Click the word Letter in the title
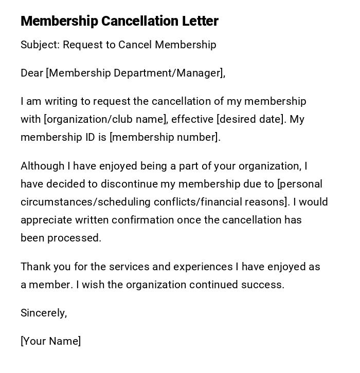[x=200, y=21]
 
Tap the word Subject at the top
[x=40, y=45]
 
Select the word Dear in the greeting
[x=32, y=73]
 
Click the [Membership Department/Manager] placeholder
[x=136, y=73]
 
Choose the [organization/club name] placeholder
[x=106, y=119]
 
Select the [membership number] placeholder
[x=165, y=137]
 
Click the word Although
[x=43, y=166]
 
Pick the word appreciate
[x=46, y=220]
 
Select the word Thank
[x=34, y=267]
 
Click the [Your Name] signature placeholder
[x=51, y=341]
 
